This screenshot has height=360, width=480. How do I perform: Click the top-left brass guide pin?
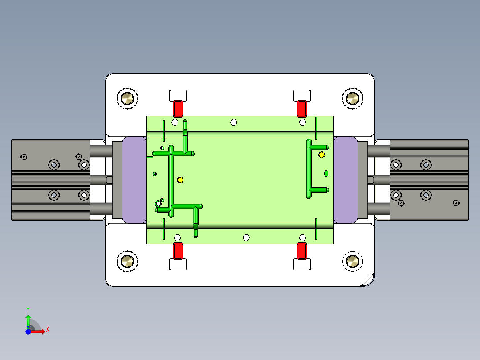127,98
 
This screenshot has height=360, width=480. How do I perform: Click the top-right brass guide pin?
352,98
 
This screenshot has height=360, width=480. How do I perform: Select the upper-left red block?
178,108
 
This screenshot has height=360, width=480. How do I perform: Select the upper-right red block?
302,108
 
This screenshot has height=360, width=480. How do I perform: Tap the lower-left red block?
178,250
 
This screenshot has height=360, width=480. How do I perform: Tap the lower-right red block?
302,250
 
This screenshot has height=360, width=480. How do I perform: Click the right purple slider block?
346,180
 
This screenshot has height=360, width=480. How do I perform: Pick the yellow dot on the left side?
180,180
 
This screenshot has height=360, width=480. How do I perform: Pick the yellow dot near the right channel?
321,155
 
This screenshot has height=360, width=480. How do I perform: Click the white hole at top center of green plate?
233,122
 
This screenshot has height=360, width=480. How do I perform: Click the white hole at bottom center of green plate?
246,237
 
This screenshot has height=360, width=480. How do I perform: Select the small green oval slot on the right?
326,173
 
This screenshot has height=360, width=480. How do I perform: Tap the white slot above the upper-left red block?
178,95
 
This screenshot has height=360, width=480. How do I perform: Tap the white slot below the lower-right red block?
302,264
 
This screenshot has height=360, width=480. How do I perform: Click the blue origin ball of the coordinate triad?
28,332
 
